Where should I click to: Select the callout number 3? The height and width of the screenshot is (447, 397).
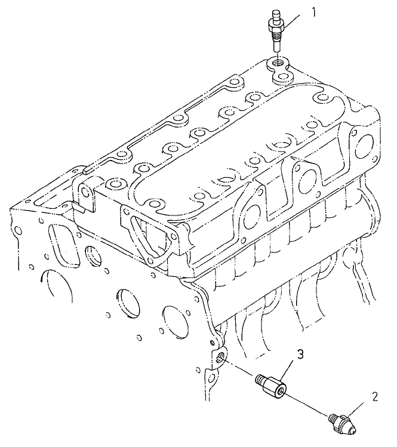(x=300, y=354)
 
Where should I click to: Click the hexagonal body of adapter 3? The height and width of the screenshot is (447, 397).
(x=276, y=387)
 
